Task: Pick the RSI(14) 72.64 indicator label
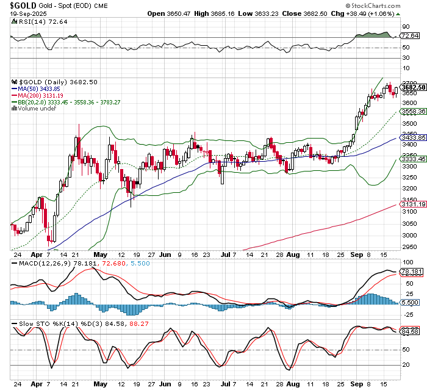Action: pyautogui.click(x=32, y=21)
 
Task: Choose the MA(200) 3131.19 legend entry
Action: pyautogui.click(x=43, y=96)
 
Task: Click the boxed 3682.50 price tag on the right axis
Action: pyautogui.click(x=412, y=87)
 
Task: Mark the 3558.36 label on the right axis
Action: pyautogui.click(x=412, y=112)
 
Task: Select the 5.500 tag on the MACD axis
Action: pyautogui.click(x=410, y=303)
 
